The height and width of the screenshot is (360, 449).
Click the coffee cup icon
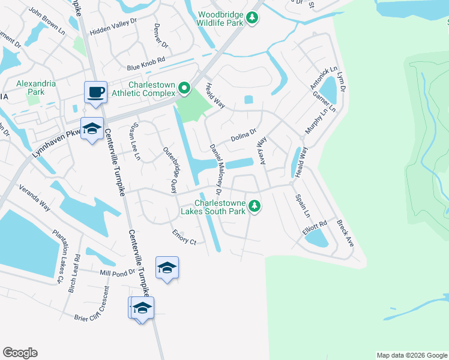(95, 92)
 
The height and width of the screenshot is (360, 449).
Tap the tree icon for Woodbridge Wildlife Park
(254, 17)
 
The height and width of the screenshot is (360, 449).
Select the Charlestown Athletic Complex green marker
(184, 90)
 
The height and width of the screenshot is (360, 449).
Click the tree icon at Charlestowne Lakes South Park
(255, 206)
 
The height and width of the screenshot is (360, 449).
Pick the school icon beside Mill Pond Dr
(167, 267)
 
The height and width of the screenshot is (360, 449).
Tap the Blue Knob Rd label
(145, 68)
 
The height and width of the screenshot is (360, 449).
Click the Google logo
(20, 352)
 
